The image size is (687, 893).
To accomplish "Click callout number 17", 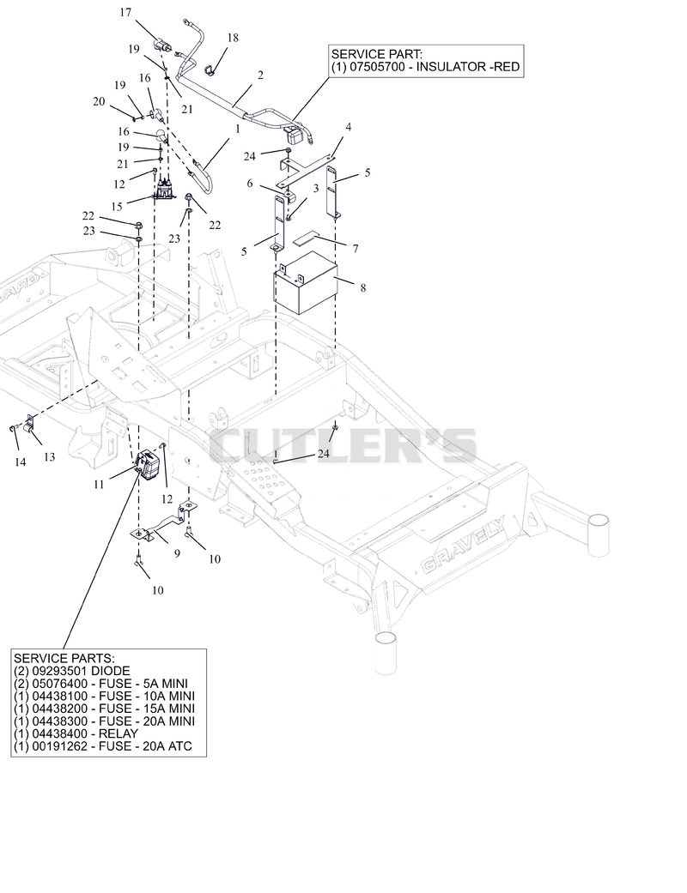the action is (125, 12).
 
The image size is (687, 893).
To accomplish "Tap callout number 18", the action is (233, 38).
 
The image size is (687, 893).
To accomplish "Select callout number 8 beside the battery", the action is (363, 287).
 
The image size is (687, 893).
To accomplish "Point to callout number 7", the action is (356, 248).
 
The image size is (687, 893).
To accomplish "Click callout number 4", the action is (349, 126).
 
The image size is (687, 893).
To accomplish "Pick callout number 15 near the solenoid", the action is (117, 206).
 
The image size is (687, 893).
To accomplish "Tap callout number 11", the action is (100, 484).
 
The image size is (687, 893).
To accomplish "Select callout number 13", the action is (50, 456).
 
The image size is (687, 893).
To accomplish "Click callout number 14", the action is (20, 462).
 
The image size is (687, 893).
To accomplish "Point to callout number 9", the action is (177, 553).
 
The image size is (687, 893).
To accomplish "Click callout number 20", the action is (100, 101).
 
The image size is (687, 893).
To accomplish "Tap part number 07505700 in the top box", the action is (379, 67).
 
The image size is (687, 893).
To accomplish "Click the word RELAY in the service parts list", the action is (119, 733).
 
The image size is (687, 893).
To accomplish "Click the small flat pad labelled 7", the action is (308, 237).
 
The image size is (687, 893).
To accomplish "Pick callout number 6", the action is (250, 184).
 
